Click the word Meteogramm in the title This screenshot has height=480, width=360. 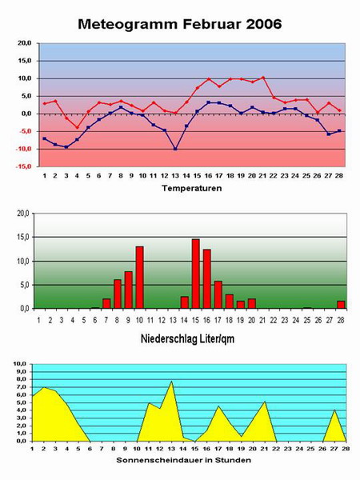coord(128,24)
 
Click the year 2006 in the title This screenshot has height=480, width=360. coord(263,24)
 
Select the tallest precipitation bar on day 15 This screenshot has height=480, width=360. coord(196,274)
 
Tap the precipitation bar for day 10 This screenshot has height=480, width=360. coord(139,278)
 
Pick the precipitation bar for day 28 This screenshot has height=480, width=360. coord(341,305)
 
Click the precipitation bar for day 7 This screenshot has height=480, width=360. coord(106,303)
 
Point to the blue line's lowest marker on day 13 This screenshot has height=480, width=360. coord(175,149)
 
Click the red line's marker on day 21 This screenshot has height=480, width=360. coord(263,78)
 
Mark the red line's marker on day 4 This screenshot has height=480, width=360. coord(77,127)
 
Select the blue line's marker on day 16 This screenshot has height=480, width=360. coord(208,102)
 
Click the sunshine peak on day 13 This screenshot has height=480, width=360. coord(171,382)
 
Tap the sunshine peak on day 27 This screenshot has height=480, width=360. coord(335,410)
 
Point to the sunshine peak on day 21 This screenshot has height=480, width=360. coord(265,402)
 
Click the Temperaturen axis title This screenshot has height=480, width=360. coord(192,188)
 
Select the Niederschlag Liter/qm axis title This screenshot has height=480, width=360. coord(188,338)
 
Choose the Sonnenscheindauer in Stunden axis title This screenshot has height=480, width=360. coord(184,460)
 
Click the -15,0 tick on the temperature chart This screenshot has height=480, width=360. coord(24,166)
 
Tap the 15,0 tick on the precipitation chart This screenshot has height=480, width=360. coord(23,237)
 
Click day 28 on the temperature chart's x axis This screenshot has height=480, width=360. coord(339,176)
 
